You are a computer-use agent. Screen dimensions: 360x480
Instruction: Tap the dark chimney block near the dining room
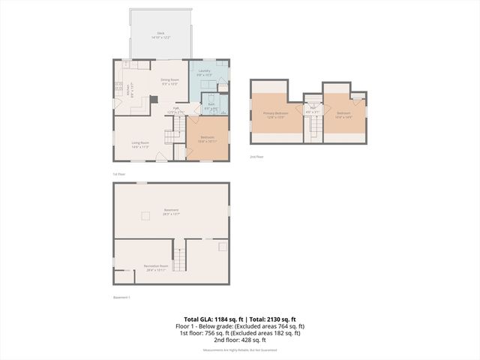[153, 98]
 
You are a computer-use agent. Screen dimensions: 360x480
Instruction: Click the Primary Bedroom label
[275, 115]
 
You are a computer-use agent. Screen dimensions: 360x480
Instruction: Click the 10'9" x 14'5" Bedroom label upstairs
[344, 115]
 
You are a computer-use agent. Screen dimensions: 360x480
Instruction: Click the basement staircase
[180, 256]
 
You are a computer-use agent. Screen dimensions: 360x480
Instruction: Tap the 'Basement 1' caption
[121, 298]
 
